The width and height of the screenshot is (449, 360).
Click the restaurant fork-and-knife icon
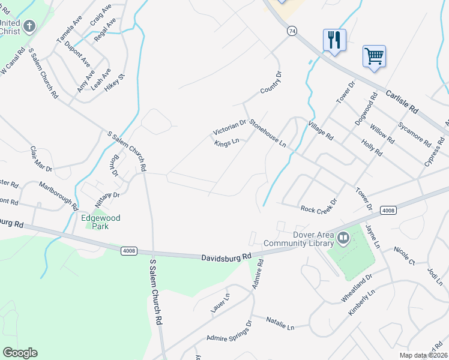click(x=334, y=40)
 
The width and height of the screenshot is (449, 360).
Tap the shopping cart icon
click(x=374, y=56)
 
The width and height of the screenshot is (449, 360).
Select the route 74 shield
click(x=292, y=31)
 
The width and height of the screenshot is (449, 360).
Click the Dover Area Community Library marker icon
click(x=343, y=238)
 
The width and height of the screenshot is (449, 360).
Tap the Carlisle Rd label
click(x=402, y=102)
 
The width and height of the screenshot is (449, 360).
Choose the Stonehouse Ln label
click(x=268, y=133)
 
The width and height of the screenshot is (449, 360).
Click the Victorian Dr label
click(x=230, y=127)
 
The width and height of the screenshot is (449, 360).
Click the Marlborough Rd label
click(x=58, y=195)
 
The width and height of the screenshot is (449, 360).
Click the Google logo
click(x=20, y=352)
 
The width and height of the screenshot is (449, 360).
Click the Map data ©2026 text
click(x=423, y=355)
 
